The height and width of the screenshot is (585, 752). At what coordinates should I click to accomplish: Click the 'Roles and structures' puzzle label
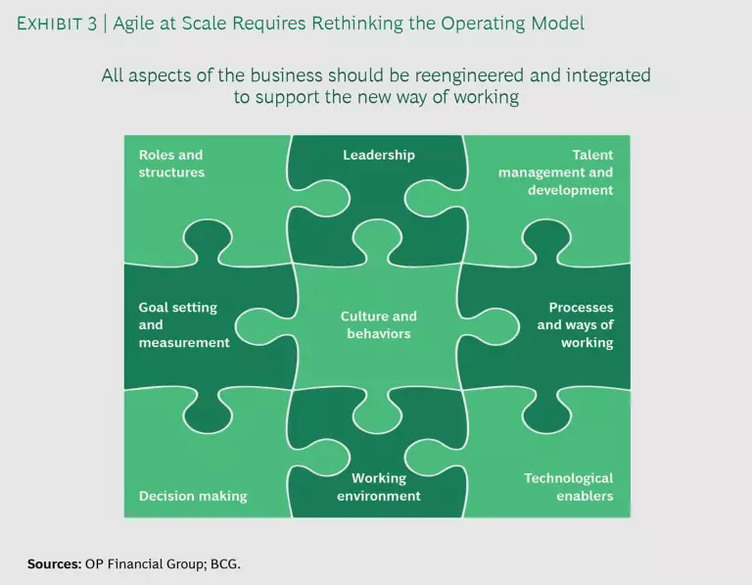[x=171, y=164]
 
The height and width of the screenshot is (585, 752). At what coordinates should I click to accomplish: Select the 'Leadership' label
[x=379, y=155]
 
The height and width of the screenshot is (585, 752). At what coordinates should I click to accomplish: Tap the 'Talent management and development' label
[x=555, y=172]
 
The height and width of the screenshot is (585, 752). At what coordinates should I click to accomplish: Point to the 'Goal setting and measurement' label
[x=184, y=325]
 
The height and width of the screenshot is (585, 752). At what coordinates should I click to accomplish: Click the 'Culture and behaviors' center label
[x=379, y=325]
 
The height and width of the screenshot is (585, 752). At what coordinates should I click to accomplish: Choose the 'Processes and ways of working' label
[x=575, y=325]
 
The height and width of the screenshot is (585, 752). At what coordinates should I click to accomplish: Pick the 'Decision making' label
[x=193, y=496]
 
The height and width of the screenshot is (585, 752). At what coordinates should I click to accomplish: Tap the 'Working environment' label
[x=379, y=487]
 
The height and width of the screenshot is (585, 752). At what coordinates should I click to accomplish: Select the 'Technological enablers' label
[x=568, y=487]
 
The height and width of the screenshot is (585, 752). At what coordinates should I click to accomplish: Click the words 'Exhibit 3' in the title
[x=58, y=24]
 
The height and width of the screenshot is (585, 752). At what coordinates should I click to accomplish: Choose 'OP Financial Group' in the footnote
[x=148, y=564]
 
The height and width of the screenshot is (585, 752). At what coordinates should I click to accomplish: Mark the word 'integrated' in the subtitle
[x=611, y=75]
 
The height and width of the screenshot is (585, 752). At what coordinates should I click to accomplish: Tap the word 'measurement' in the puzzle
[x=184, y=343]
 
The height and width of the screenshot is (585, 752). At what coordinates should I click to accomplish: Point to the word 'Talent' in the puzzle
[x=592, y=155]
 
